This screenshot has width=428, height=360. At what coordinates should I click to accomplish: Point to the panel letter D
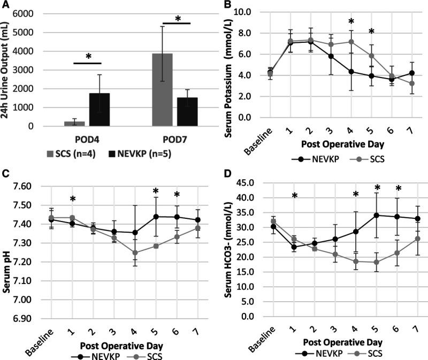(x=228, y=174)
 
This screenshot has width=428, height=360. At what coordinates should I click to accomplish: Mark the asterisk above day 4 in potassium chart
(x=351, y=22)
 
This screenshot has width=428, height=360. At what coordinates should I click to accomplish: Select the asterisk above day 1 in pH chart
(x=73, y=200)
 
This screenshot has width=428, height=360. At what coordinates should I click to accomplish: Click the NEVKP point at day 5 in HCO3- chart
(x=376, y=215)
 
